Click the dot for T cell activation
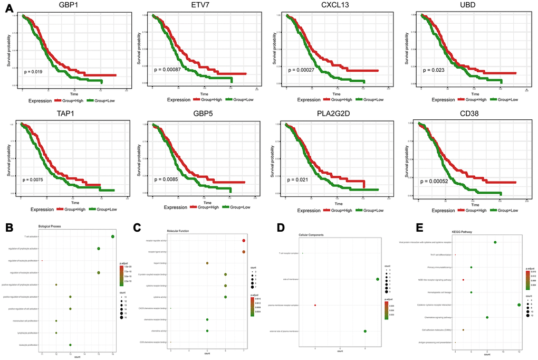(x=113, y=236)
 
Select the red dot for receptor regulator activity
(x=244, y=241)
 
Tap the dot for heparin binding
(x=207, y=262)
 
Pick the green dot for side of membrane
(x=378, y=279)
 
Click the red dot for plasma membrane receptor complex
(x=315, y=305)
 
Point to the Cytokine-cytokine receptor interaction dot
(x=520, y=305)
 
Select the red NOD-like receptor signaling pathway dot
(x=464, y=280)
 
